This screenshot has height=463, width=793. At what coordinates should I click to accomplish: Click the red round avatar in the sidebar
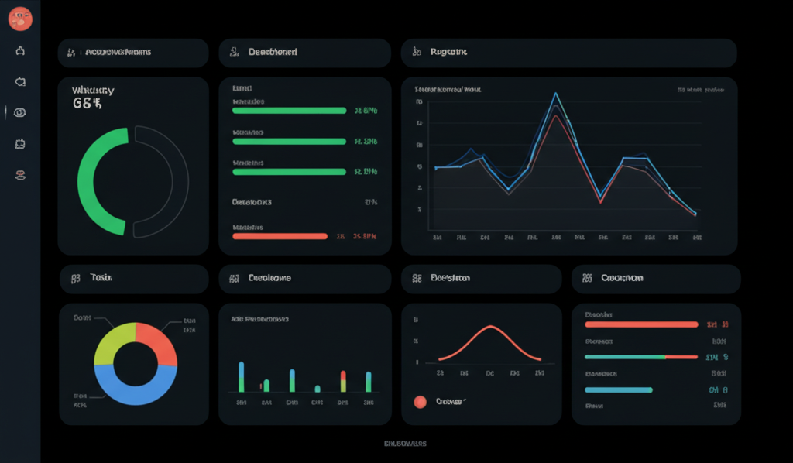[x=20, y=19]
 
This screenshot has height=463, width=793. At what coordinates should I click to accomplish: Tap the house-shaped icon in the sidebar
[x=20, y=51]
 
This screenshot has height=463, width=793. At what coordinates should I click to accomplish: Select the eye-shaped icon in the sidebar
[x=20, y=112]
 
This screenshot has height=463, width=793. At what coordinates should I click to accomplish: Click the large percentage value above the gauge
[x=88, y=103]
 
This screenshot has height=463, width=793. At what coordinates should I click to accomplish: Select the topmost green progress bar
[x=289, y=111]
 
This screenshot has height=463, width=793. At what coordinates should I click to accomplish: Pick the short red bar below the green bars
[x=280, y=236]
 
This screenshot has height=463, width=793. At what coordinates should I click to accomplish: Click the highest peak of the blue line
[x=555, y=94]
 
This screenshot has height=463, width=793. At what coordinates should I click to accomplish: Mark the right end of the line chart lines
[x=695, y=214]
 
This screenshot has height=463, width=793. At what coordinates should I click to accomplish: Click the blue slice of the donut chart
[x=136, y=388]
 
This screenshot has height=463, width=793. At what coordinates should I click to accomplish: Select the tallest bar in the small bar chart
[x=242, y=376]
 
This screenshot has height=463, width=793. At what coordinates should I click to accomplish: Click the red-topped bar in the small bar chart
[x=342, y=380]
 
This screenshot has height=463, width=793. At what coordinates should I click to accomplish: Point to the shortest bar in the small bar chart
[x=317, y=389]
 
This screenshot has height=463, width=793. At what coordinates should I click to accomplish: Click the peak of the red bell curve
[x=490, y=326]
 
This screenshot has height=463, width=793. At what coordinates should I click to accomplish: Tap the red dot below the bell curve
[x=420, y=401]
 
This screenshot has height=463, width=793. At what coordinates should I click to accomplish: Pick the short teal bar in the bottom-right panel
[x=618, y=389]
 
